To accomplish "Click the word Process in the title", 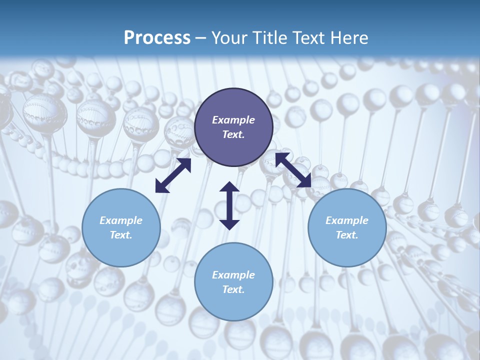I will click(157, 38).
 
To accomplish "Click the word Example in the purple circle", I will click(233, 120).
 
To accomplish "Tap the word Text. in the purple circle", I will click(233, 134).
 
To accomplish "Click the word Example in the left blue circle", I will click(121, 220).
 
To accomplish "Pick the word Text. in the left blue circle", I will click(121, 235).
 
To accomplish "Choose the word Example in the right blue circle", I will click(347, 220).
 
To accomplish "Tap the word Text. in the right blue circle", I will click(347, 235).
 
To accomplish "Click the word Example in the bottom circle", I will click(233, 275).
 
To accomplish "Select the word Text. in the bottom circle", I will click(233, 289).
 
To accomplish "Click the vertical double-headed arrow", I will click(229, 205).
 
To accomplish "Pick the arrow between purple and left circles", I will click(173, 175).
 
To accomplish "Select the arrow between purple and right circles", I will click(293, 170).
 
